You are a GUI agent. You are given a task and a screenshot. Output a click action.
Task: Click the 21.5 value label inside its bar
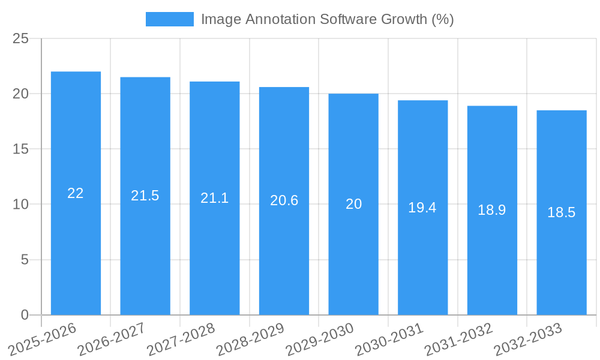[145, 196]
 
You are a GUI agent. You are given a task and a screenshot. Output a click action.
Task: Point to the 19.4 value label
[422, 208]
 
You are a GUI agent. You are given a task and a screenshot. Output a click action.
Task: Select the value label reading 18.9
[492, 210]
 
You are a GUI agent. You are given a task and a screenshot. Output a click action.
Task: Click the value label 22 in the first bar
[76, 193]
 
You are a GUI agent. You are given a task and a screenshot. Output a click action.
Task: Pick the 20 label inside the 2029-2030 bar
[353, 204]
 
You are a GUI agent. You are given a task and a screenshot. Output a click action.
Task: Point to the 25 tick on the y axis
[20, 39]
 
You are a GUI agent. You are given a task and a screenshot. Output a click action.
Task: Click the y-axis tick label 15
[20, 149]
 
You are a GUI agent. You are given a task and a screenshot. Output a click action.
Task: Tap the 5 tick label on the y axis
[25, 260]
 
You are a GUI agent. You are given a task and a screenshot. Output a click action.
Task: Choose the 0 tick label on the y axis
[25, 315]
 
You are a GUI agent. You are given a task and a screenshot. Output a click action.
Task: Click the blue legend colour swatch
[170, 19]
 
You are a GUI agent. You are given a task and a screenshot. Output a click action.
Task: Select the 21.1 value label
[215, 198]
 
